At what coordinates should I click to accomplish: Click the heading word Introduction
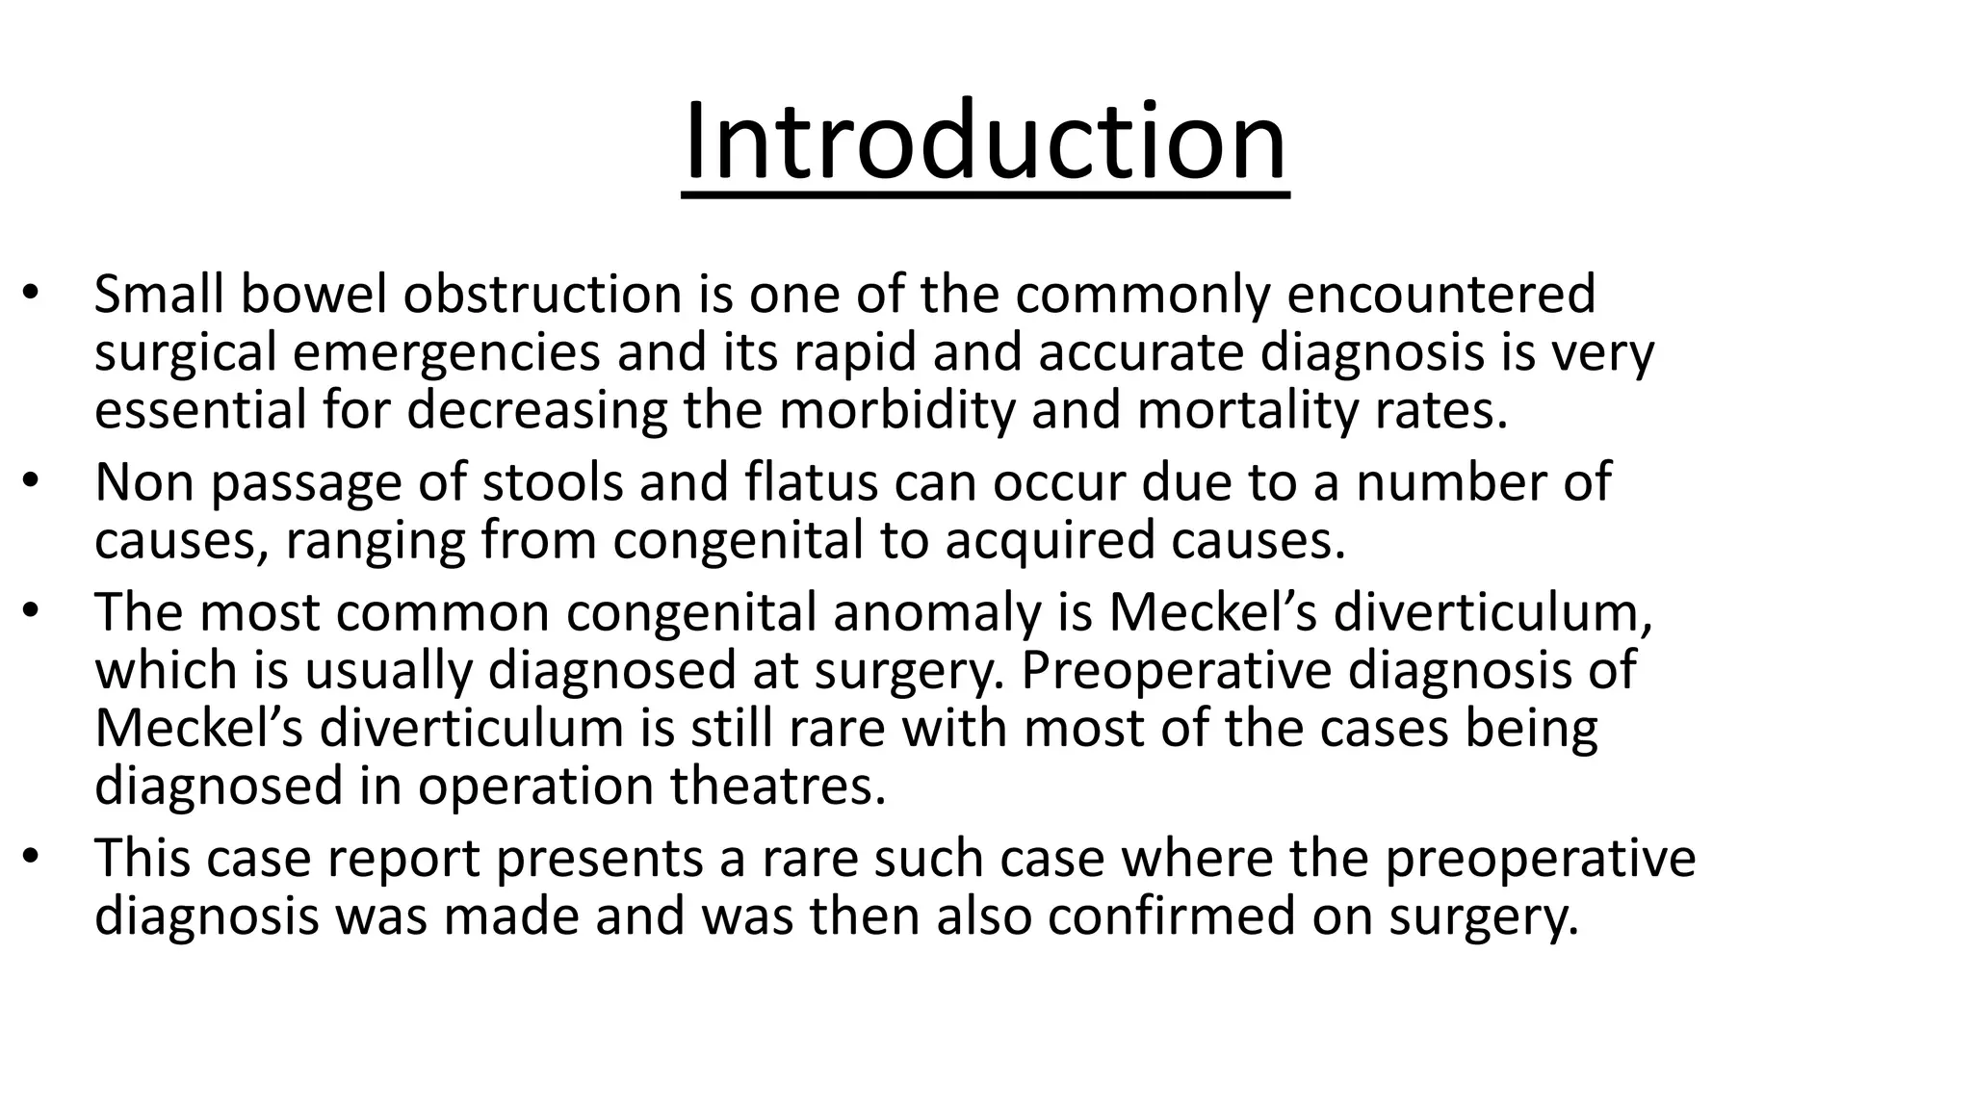[984, 142]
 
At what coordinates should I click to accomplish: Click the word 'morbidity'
[896, 410]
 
